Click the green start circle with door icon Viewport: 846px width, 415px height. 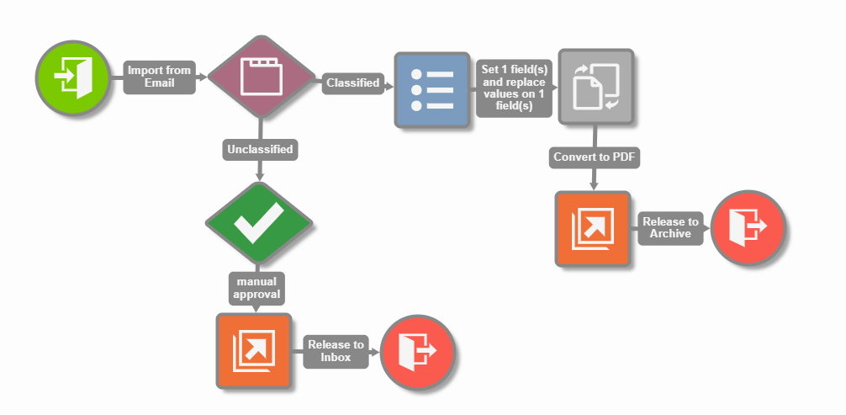[73, 77]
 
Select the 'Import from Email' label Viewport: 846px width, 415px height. [160, 77]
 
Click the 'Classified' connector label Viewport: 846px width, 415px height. [352, 82]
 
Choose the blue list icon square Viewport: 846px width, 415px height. [431, 89]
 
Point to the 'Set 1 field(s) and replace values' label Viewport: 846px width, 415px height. [513, 88]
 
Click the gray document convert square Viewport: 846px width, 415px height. [595, 88]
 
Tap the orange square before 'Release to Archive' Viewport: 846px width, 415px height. [593, 228]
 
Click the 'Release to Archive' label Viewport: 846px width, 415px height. [670, 228]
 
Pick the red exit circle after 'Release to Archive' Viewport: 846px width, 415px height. [748, 228]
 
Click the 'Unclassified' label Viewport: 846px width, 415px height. [260, 150]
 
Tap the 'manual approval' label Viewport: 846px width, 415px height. [256, 288]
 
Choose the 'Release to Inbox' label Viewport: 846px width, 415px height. [336, 351]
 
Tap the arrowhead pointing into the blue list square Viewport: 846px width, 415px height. [389, 83]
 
